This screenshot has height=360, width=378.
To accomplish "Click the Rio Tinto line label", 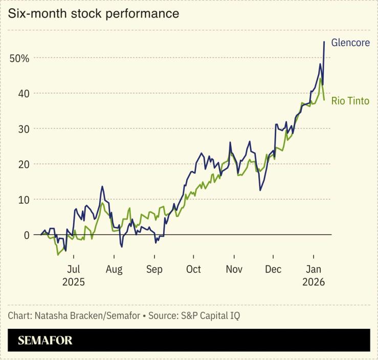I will tap(350, 101).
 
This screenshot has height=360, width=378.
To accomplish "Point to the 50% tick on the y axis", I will tap(19, 58).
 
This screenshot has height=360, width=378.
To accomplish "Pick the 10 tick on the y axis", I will tap(24, 199).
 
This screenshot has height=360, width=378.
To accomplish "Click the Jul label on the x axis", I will tap(73, 269).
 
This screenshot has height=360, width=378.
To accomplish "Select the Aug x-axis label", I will tap(114, 269).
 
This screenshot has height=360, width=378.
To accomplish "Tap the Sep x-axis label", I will tap(154, 269).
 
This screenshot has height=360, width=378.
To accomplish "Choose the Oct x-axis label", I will tap(193, 269).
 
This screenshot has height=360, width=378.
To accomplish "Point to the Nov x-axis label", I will tap(234, 269).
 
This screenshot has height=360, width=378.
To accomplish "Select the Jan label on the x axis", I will tap(313, 269).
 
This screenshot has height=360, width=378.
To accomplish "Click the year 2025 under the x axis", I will tap(73, 282).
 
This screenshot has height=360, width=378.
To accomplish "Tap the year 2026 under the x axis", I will tap(313, 282).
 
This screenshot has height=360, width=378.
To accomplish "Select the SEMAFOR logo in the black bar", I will tap(45, 340).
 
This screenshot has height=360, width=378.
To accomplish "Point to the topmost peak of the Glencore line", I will tap(324, 42).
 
